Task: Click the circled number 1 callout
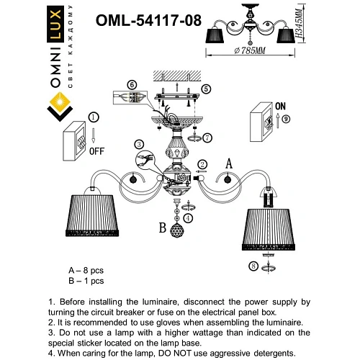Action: (93, 117)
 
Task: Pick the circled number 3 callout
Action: (139, 145)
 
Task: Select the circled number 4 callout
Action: (188, 217)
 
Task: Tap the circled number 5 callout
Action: (206, 89)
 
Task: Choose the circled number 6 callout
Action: (131, 84)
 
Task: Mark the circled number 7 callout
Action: (207, 137)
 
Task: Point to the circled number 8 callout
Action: (253, 266)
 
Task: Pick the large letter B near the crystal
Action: (163, 230)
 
